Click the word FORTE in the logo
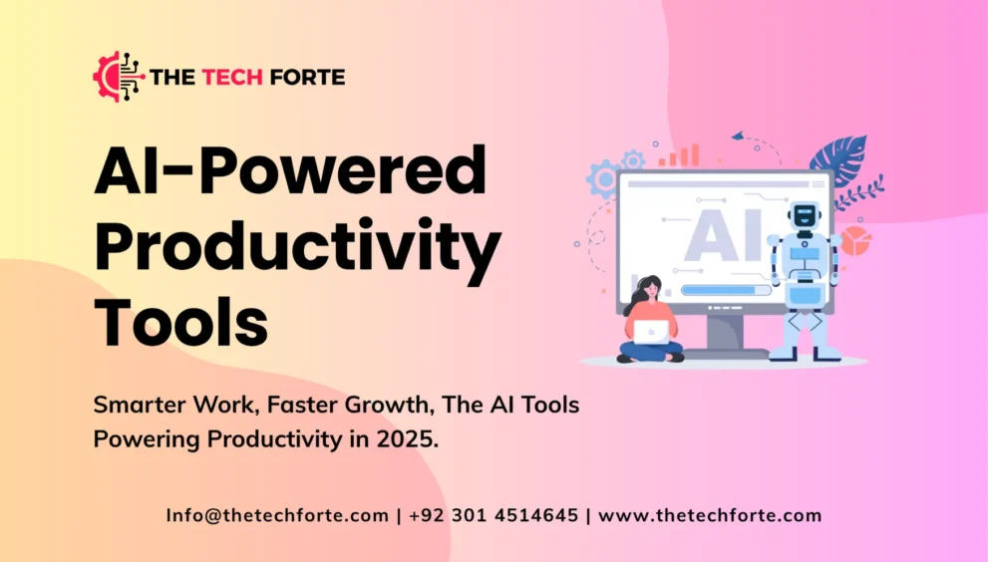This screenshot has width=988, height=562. [307, 77]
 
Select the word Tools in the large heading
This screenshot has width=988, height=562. [181, 320]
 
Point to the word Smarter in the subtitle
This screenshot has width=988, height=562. [140, 406]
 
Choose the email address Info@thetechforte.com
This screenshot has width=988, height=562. [277, 515]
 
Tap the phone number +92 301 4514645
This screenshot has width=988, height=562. [493, 515]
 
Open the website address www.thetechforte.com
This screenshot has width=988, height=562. [709, 515]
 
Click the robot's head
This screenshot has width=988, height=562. [803, 215]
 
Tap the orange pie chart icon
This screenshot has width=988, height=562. [855, 240]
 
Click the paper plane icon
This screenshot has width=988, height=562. [738, 136]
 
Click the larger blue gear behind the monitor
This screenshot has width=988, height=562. [603, 179]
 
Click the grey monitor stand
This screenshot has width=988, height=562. [727, 332]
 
